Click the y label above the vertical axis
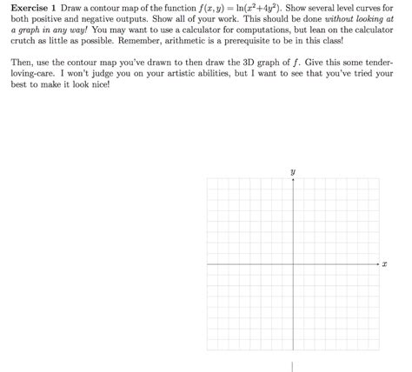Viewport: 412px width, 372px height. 293,172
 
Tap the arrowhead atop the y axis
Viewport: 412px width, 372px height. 293,181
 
